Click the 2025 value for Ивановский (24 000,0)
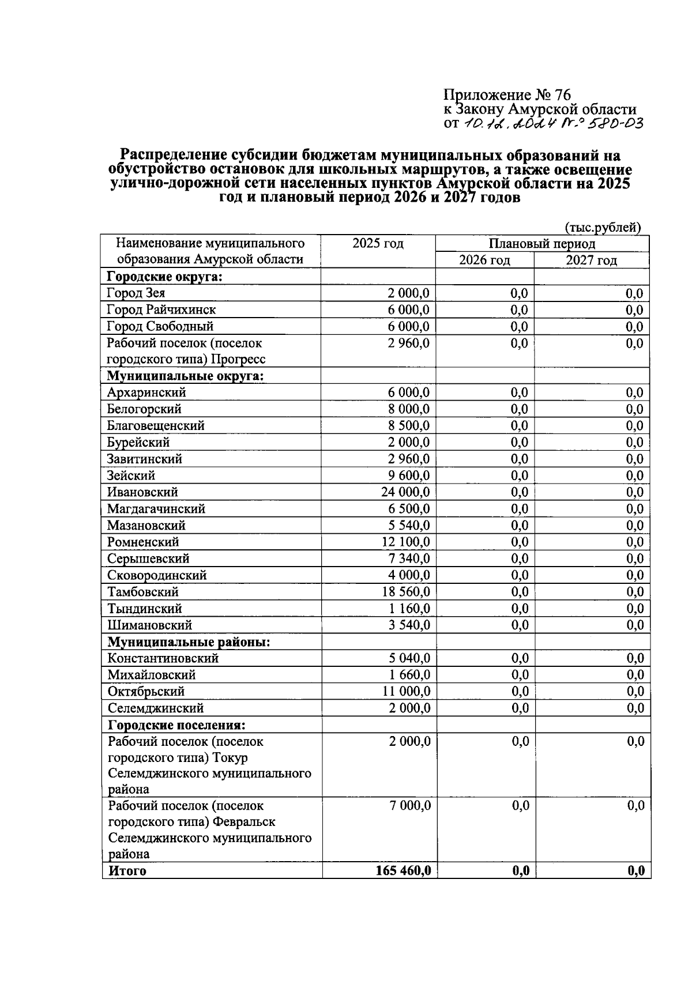[x=405, y=492]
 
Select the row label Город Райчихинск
[x=161, y=310]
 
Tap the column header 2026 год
[x=484, y=261]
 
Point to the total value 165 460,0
[x=403, y=871]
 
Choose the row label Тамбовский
[x=143, y=592]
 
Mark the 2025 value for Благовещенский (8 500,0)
[x=408, y=426]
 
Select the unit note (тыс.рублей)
[x=603, y=228]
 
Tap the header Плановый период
[x=542, y=244]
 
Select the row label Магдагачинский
[x=156, y=509]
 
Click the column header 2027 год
[x=591, y=261]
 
